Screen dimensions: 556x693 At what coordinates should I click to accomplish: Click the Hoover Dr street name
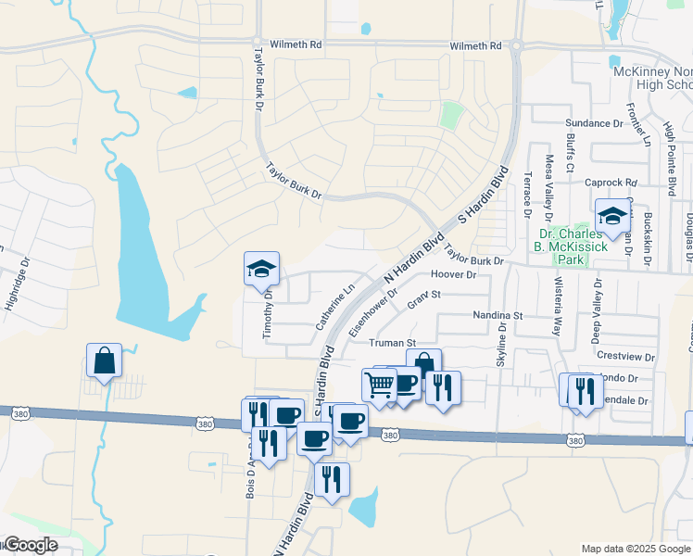pyautogui.click(x=453, y=275)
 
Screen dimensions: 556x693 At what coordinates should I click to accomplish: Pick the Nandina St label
pyautogui.click(x=498, y=316)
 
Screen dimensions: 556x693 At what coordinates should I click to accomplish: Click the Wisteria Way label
pyautogui.click(x=559, y=305)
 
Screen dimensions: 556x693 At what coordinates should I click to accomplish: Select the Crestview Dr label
pyautogui.click(x=627, y=355)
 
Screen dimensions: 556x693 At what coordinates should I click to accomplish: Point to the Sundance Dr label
pyautogui.click(x=594, y=123)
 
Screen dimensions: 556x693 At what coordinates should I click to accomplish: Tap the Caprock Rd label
pyautogui.click(x=611, y=183)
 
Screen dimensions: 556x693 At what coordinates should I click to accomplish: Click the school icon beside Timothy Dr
pyautogui.click(x=261, y=270)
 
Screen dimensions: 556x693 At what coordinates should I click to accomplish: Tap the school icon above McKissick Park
pyautogui.click(x=612, y=218)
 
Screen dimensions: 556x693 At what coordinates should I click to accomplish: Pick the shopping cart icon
pyautogui.click(x=380, y=384)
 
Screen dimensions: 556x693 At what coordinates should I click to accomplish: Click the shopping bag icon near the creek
pyautogui.click(x=104, y=361)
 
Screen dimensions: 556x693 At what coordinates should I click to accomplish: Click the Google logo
pyautogui.click(x=30, y=545)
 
